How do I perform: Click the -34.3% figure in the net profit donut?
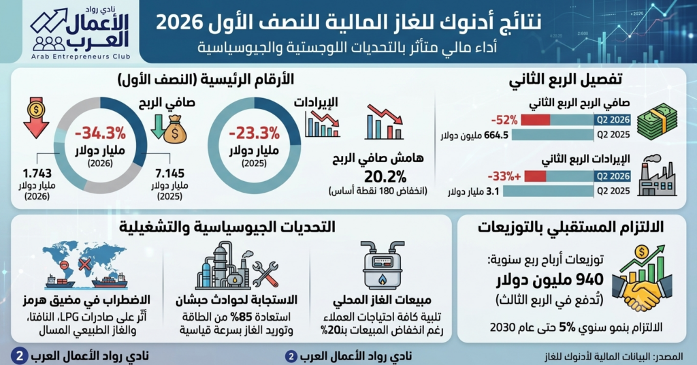[x=101, y=133]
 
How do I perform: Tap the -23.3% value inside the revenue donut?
[x=255, y=133]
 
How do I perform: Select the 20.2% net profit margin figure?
[x=385, y=177]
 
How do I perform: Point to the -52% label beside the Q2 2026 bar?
[x=504, y=120]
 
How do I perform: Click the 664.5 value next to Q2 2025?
[x=496, y=135]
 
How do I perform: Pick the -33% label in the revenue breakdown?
[x=504, y=176]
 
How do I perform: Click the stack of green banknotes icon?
[x=657, y=121]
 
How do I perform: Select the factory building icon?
[x=657, y=176]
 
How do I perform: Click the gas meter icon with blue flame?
[x=383, y=266]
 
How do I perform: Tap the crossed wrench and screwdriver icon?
[x=265, y=274]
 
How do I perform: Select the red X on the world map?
[x=84, y=265]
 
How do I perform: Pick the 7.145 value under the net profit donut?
[x=169, y=174]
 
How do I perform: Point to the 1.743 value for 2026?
[x=37, y=174]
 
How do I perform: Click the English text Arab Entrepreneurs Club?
[x=81, y=57]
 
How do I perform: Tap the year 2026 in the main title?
[x=178, y=23]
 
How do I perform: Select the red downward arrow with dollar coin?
[x=36, y=117]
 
